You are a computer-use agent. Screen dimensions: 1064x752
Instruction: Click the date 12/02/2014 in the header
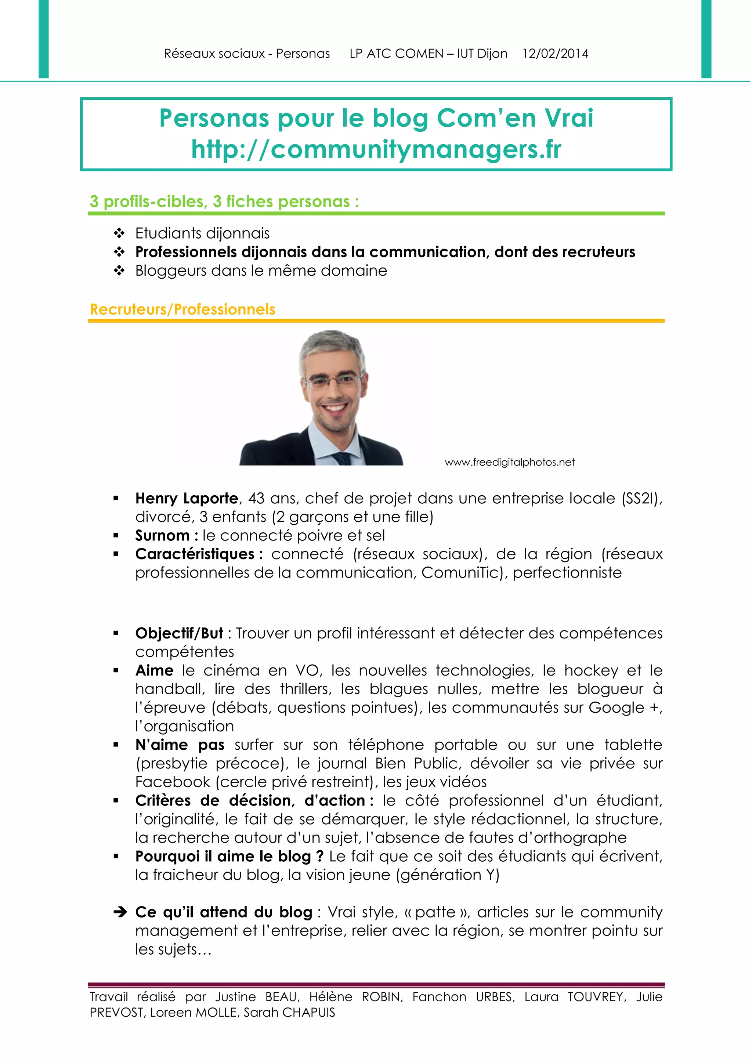(555, 54)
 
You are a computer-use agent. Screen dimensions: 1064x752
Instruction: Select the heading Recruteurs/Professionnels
(182, 309)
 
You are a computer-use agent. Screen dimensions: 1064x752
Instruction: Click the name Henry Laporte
(187, 498)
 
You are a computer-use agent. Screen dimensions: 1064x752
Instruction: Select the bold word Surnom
(162, 535)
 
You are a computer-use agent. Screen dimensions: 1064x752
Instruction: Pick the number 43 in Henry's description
(256, 498)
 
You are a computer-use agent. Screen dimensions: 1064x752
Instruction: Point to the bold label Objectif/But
(179, 633)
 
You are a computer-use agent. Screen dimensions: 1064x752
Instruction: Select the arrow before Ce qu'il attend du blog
(120, 912)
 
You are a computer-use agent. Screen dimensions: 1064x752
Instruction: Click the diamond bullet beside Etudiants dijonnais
(120, 233)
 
